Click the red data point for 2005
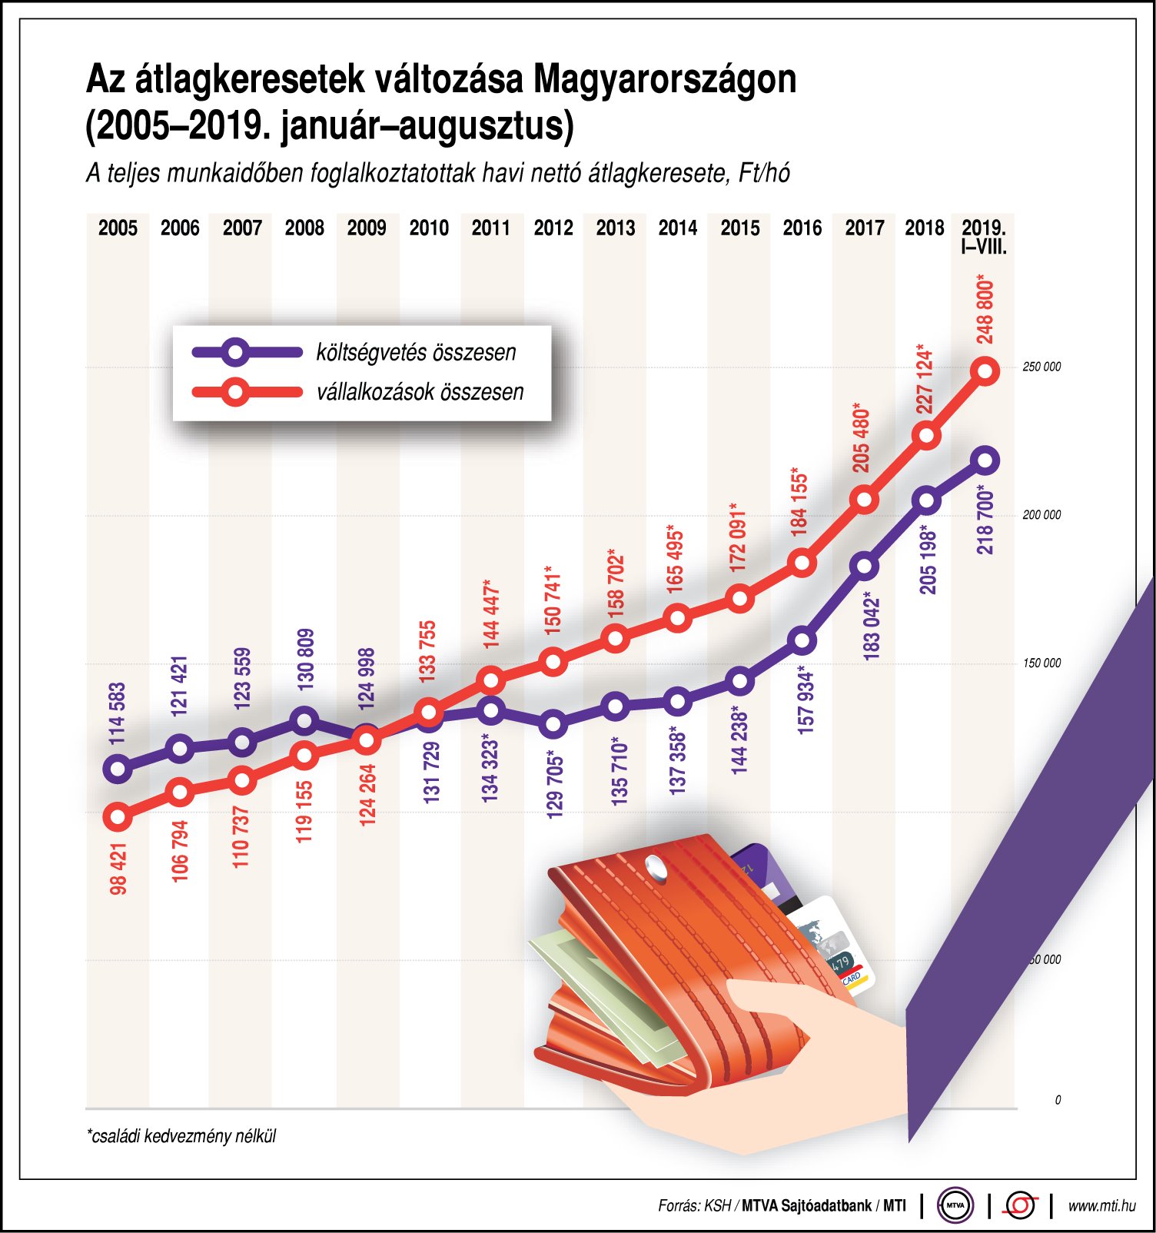coord(118,816)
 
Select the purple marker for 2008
coord(304,720)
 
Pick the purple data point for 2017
coord(865,567)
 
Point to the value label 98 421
coord(118,869)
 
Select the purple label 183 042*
coord(872,626)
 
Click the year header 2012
coord(553,228)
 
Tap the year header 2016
coord(802,228)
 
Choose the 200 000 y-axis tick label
coord(1041,515)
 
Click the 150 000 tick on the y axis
coord(1041,663)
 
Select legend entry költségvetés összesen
coord(416,353)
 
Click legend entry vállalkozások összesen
coord(420,392)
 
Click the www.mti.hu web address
coord(1101,1205)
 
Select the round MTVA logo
coord(955,1205)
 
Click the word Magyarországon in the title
coord(664,79)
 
